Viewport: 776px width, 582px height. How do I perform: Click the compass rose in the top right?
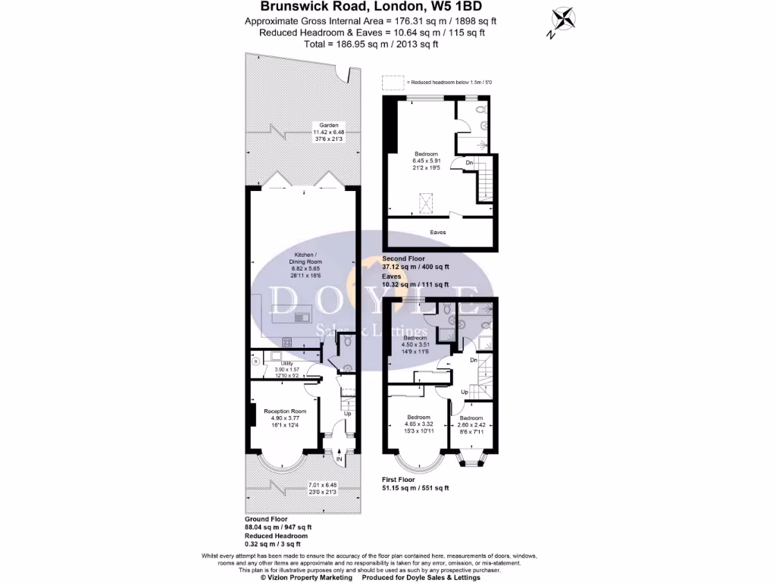564,20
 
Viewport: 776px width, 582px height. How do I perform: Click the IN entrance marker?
339,459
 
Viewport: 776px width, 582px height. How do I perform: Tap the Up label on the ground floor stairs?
348,414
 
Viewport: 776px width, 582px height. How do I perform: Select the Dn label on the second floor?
469,162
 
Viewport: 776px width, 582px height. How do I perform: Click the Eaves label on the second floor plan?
438,232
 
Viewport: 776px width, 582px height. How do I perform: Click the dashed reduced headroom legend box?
393,82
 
